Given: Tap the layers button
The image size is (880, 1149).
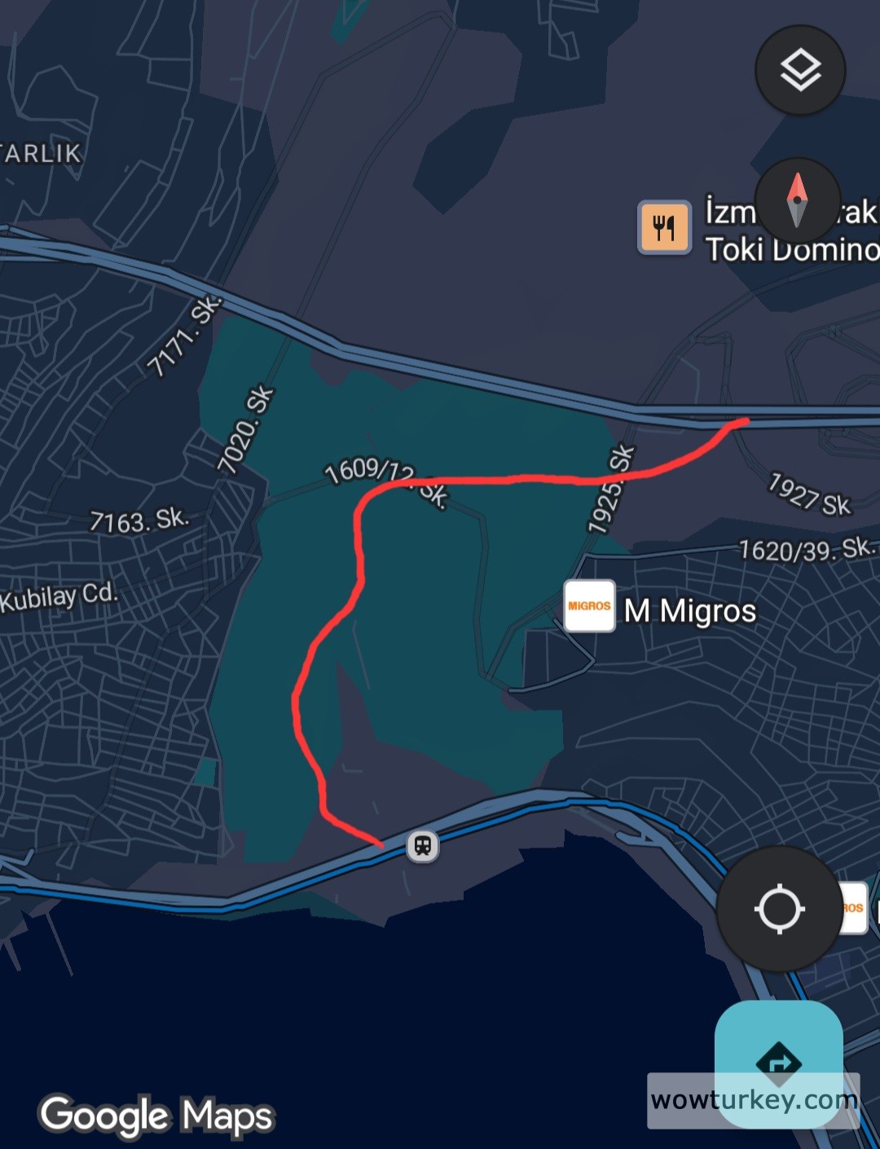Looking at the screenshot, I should [x=800, y=70].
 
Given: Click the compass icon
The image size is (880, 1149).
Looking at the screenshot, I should [x=797, y=200].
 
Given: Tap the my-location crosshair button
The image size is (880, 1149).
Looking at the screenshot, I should [x=780, y=909].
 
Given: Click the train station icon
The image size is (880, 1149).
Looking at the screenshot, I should [x=422, y=846].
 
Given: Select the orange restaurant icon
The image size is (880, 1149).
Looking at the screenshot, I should [x=664, y=227].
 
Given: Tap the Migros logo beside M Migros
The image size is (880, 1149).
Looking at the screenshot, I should [x=589, y=606].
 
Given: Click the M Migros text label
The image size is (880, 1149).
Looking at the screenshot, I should [x=689, y=610].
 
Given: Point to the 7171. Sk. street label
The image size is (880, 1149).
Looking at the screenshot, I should [x=183, y=337].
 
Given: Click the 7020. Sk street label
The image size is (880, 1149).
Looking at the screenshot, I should [x=245, y=429].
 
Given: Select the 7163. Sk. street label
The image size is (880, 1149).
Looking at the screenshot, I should [x=139, y=520].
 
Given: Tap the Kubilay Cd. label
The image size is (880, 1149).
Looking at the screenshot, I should [x=59, y=597].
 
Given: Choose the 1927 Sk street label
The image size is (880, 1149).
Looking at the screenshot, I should [x=809, y=494].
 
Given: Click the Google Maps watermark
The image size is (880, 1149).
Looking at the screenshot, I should [x=156, y=1116].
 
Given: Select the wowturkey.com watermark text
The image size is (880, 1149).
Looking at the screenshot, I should [x=754, y=1100].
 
